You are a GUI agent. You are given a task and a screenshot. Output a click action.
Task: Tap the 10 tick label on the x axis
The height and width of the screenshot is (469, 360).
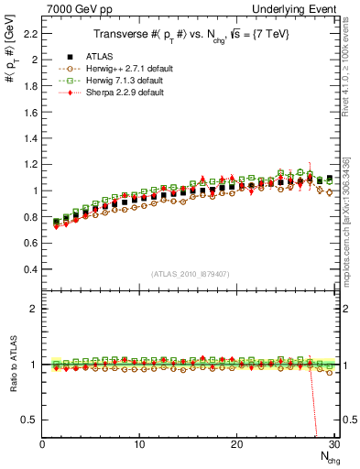pyautogui.click(x=139, y=444)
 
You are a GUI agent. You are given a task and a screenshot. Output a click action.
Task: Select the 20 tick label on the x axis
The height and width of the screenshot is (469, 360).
pyautogui.click(x=236, y=444)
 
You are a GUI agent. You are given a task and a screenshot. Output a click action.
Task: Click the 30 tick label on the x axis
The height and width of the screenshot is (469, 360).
pyautogui.click(x=333, y=444)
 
